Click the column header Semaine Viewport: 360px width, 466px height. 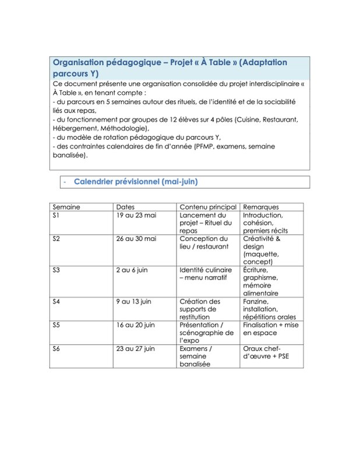66,207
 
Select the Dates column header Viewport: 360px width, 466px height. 125,207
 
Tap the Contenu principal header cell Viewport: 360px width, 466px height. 207,207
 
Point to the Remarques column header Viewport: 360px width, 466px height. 260,207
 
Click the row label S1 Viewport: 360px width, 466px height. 57,215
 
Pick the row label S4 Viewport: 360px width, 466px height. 57,301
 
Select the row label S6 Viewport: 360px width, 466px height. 57,348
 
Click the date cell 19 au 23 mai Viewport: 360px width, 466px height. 136,215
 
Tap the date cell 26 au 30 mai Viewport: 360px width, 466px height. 136,238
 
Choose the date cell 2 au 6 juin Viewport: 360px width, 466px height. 134,270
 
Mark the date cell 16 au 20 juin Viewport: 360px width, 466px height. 137,324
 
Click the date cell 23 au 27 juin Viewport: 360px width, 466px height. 137,348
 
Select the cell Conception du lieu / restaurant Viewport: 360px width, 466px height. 203,242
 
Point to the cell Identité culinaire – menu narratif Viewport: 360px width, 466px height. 206,274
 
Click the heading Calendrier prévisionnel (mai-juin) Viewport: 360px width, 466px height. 135,182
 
